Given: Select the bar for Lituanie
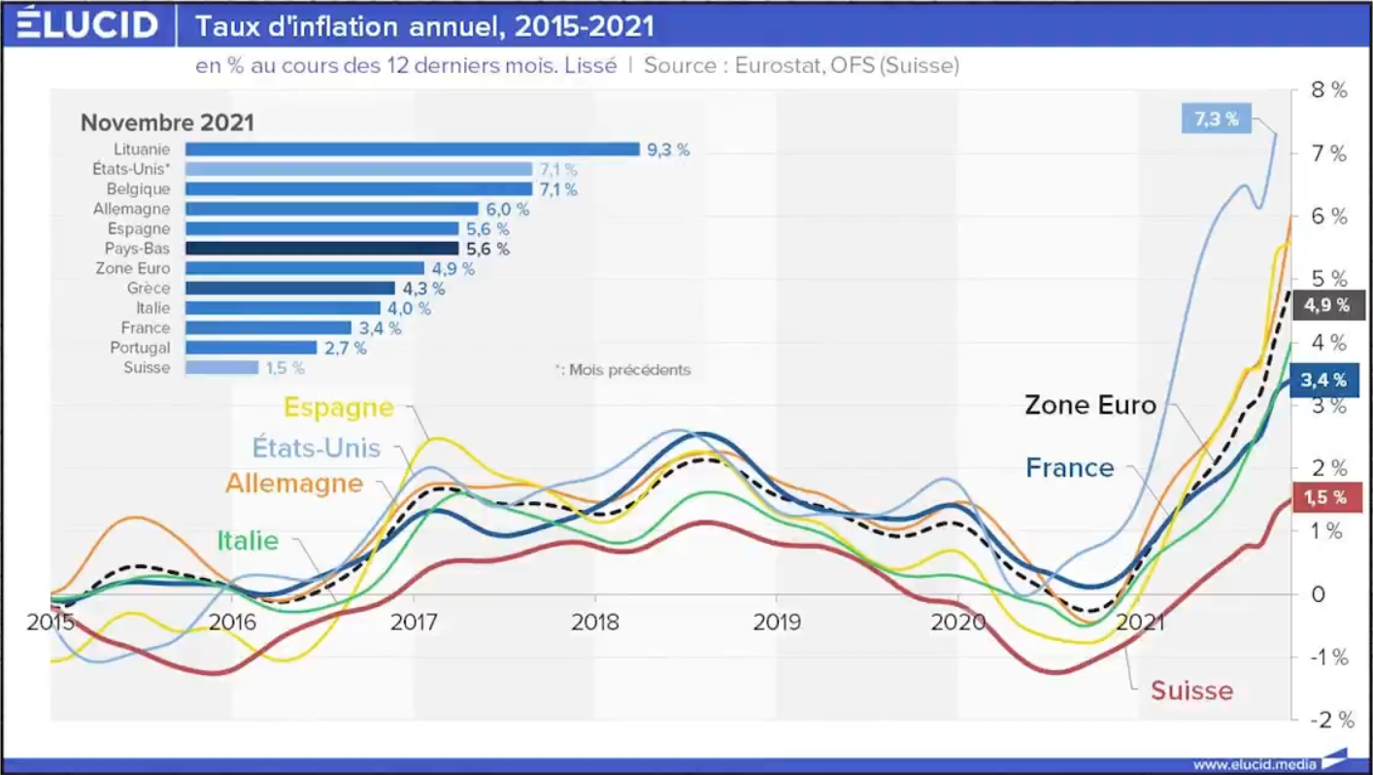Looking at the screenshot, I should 412,150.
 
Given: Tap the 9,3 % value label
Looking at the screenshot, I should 668,150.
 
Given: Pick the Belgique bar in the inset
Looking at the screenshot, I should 358,189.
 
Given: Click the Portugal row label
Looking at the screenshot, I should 140,348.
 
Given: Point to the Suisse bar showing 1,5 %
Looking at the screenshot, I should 221,368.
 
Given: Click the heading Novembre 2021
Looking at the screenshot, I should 167,123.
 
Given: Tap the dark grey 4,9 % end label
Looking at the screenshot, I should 1326,305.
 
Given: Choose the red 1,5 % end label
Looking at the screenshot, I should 1324,497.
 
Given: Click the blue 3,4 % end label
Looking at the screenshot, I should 1325,380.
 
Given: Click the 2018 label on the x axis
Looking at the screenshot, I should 595,622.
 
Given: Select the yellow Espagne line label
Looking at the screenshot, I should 338,408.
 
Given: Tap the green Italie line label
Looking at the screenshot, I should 247,541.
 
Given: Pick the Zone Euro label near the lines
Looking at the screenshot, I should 1090,404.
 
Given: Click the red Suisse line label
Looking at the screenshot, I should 1191,691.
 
